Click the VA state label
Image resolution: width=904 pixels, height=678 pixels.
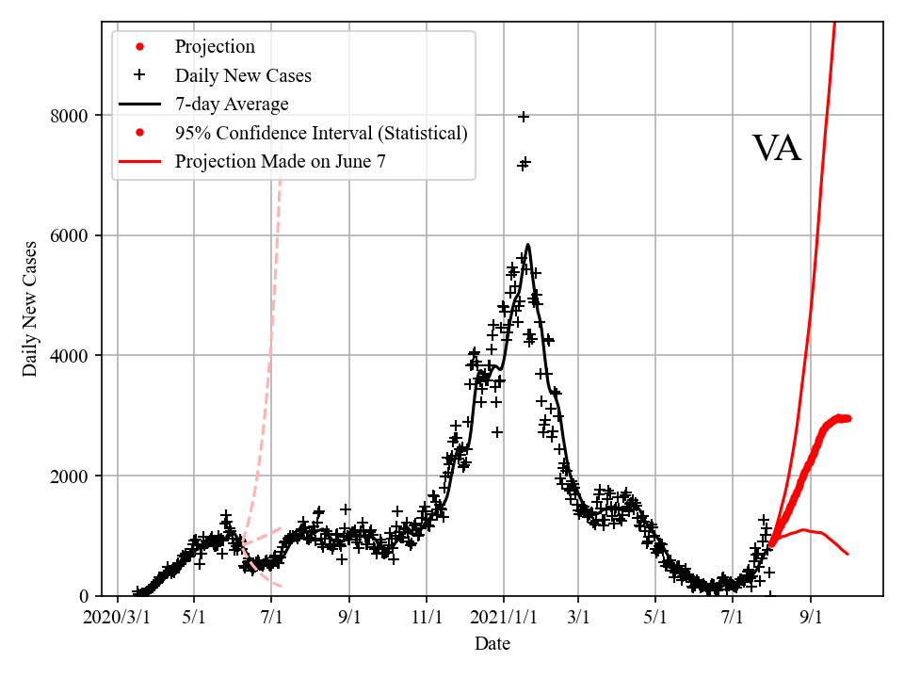tap(777, 149)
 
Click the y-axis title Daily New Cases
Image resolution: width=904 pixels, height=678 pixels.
tap(31, 309)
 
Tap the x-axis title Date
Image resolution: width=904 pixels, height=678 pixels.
tap(492, 644)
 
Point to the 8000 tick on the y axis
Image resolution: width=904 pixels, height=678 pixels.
tap(69, 116)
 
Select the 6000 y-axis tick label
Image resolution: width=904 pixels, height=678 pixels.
tap(69, 235)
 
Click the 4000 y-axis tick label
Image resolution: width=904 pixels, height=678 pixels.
tap(69, 356)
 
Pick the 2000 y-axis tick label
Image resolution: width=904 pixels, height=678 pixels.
tap(69, 476)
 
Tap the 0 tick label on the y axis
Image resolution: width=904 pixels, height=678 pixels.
tap(84, 596)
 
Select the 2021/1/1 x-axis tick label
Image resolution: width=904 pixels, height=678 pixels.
tap(503, 618)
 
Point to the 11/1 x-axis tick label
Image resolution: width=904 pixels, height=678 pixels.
tap(427, 618)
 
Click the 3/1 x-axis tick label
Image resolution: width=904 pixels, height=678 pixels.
tap(579, 618)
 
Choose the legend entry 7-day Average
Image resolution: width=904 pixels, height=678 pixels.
tap(232, 104)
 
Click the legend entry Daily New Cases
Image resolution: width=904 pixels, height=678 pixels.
tap(243, 75)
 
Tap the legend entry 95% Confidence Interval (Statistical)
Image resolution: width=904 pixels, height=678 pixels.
tap(321, 133)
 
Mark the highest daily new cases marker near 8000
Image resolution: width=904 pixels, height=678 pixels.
tap(524, 116)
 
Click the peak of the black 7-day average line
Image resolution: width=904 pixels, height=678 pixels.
tap(528, 245)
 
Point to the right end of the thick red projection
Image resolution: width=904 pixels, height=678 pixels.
tap(847, 418)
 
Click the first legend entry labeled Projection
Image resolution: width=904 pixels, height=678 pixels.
tap(215, 46)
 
